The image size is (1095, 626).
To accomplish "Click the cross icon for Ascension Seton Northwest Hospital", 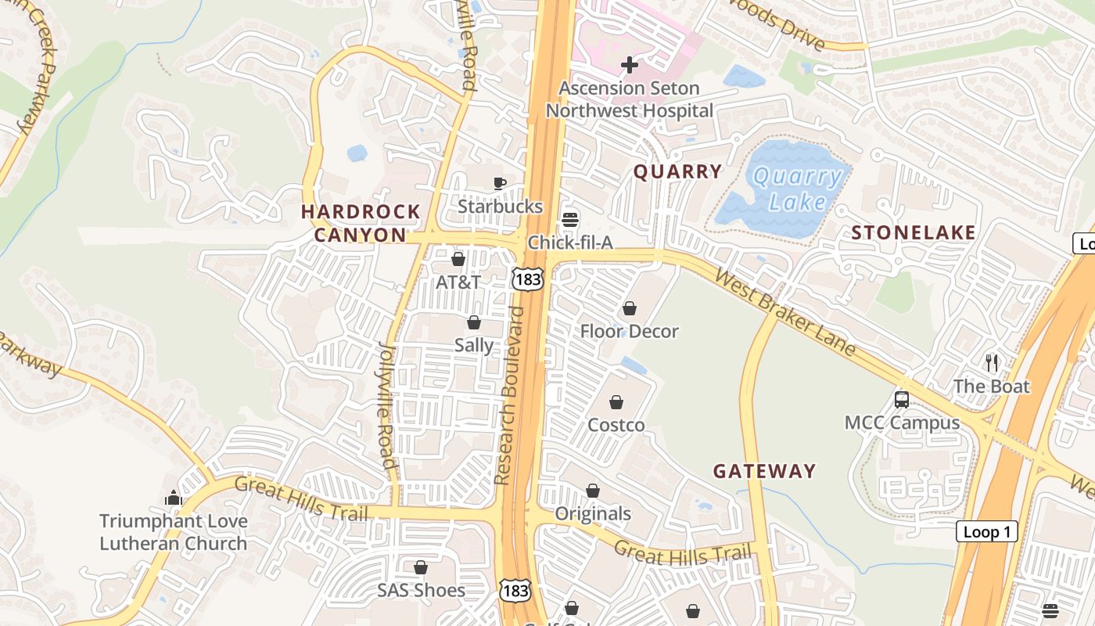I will coord(629,65).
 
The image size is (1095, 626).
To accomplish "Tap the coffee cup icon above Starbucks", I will coord(500,184).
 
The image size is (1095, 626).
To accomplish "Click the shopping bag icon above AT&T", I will coord(458,259).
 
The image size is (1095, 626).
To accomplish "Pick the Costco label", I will coord(616,425).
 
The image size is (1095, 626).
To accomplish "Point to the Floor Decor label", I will coord(629,331).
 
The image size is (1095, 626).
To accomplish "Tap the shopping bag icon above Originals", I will coord(593,491).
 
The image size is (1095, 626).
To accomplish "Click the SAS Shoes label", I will coord(421,590).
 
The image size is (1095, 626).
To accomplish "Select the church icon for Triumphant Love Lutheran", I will coord(174,498).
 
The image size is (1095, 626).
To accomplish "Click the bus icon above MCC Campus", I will coord(902,400).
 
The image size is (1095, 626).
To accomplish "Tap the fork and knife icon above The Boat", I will coord(992,363).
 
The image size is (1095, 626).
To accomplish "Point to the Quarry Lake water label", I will coord(797,189).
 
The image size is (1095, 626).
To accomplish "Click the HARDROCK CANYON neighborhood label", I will coord(361,223).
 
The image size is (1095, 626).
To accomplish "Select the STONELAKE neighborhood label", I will coord(914,232).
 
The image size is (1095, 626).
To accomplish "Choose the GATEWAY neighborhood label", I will coord(764,471).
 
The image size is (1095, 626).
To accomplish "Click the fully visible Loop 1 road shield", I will coord(986,532).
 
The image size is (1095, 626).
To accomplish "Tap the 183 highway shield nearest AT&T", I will coord(527,279).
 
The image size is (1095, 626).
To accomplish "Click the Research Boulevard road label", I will coord(510,395).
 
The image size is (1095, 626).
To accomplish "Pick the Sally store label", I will coord(474,345).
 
